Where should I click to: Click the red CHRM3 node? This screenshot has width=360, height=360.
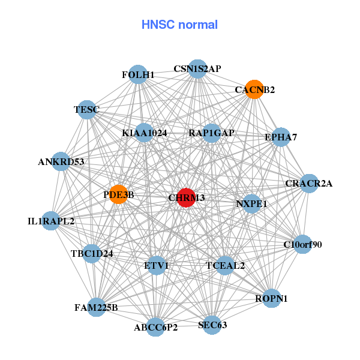[187, 198]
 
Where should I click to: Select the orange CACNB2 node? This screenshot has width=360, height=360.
[254, 89]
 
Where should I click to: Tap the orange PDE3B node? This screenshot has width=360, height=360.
[118, 194]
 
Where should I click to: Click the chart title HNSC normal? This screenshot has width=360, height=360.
[179, 25]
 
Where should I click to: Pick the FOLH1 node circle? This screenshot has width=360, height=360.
[138, 74]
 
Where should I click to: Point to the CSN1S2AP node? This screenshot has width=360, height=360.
[197, 68]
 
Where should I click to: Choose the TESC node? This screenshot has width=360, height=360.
[87, 109]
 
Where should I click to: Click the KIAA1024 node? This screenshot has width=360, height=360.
[144, 133]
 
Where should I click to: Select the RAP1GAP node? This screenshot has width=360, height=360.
[211, 133]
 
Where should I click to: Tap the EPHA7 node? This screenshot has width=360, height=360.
[281, 137]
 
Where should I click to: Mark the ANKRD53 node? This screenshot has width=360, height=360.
[61, 161]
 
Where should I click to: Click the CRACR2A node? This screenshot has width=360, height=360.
[308, 183]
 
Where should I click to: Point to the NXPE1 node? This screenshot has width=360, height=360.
[251, 204]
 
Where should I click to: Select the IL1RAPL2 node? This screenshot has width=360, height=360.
[51, 221]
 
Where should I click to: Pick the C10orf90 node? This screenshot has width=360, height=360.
[302, 244]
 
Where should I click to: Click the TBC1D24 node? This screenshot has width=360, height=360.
[92, 253]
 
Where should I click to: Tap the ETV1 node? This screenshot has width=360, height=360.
[157, 265]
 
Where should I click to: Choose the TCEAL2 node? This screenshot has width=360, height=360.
[225, 265]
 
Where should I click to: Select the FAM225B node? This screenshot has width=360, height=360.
[96, 308]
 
